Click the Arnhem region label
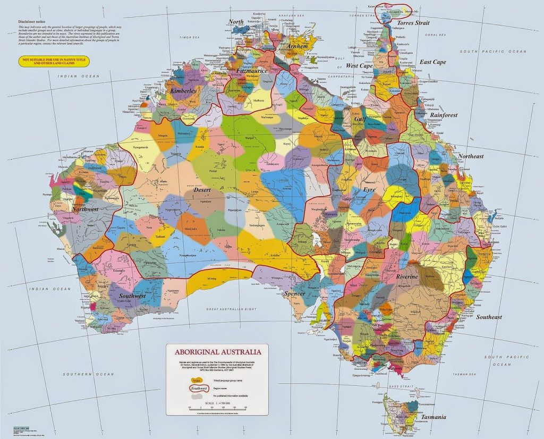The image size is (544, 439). point(297,46)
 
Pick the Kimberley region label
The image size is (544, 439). point(183,91)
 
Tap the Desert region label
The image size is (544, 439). point(202,190)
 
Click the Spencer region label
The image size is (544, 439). point(294,293)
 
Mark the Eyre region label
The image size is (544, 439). point(369,189)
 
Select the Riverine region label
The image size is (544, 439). point(407,277)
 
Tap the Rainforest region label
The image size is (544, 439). point(444,115)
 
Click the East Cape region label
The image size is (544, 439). point(432,62)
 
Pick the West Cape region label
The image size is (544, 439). point(359,66)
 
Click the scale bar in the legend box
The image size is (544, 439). point(218,408)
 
